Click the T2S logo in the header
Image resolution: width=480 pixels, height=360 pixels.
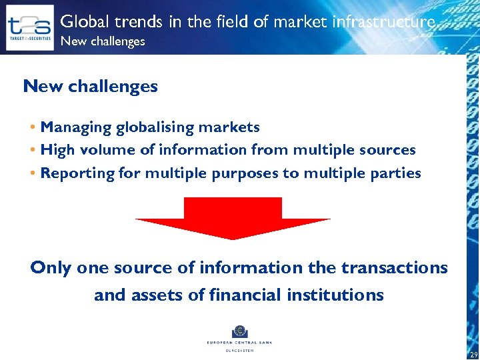29,27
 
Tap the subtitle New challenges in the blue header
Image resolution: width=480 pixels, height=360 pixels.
102,41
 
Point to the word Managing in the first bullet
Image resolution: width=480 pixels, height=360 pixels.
75,127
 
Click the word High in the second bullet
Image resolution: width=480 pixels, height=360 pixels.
57,150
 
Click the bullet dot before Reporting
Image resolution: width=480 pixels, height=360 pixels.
33,173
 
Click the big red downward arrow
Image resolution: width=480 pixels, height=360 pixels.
233,217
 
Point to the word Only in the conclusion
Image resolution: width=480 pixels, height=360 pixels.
51,268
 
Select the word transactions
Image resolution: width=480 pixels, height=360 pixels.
394,268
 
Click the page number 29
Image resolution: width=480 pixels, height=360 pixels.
473,355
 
